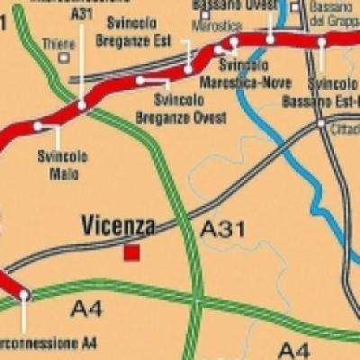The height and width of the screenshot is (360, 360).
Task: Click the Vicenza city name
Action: coord(118,225)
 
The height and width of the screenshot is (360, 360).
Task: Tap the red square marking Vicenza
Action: coord(132,253)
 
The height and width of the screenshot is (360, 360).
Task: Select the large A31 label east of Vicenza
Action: coord(221,229)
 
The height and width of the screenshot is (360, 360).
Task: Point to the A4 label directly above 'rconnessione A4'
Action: coord(88,310)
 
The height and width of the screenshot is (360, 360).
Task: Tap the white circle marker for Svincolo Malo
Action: coord(38,127)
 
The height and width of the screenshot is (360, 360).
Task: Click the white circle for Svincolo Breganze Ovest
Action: coord(140,81)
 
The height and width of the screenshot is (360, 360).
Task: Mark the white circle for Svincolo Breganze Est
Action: coord(187,68)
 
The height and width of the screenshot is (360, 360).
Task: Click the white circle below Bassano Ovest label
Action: coord(270,40)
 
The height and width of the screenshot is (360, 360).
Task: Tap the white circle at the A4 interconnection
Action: coord(24,294)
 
